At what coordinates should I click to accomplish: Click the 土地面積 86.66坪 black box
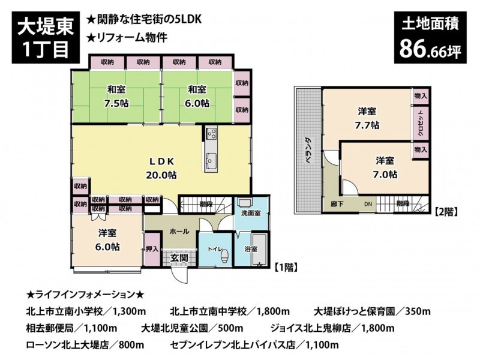tap(430, 37)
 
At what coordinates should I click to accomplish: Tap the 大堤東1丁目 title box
tap(46, 37)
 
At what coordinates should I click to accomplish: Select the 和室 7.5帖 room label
tap(116, 96)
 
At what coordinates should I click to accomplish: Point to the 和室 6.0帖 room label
tap(197, 96)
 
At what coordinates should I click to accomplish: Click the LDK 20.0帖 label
tap(161, 168)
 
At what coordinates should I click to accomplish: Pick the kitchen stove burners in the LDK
tap(211, 133)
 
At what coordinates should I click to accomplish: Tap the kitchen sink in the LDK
tap(211, 159)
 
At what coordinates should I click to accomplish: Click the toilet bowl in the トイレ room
tap(224, 255)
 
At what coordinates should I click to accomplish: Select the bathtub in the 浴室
tap(260, 250)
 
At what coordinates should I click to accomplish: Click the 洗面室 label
tap(251, 214)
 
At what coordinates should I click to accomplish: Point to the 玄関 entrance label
tap(179, 258)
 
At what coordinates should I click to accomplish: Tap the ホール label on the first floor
tap(179, 232)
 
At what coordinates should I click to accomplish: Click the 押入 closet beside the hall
tap(152, 249)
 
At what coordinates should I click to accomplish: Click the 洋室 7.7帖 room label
tap(367, 118)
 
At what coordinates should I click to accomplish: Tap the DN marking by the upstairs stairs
tap(368, 204)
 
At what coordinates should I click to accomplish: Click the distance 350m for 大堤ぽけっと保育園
tap(418, 311)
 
